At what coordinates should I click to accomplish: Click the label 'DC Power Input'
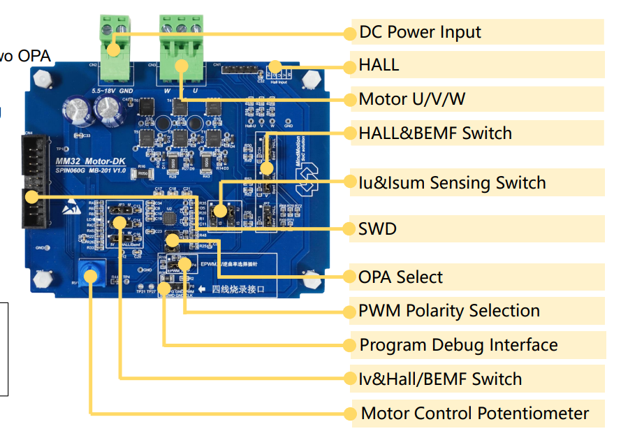tap(420, 32)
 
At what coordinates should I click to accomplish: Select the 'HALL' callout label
tap(379, 66)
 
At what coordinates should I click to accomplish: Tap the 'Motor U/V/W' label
tap(411, 99)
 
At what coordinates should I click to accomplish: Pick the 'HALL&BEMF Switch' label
tap(434, 133)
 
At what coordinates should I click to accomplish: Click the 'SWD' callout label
tap(377, 228)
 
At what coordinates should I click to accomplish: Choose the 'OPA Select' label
tap(400, 277)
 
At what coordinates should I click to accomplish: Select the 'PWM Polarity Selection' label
tap(448, 311)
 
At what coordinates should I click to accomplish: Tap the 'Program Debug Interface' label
tap(458, 345)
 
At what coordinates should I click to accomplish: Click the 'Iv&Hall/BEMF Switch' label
tap(439, 379)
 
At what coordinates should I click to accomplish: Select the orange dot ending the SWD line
tap(349, 228)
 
